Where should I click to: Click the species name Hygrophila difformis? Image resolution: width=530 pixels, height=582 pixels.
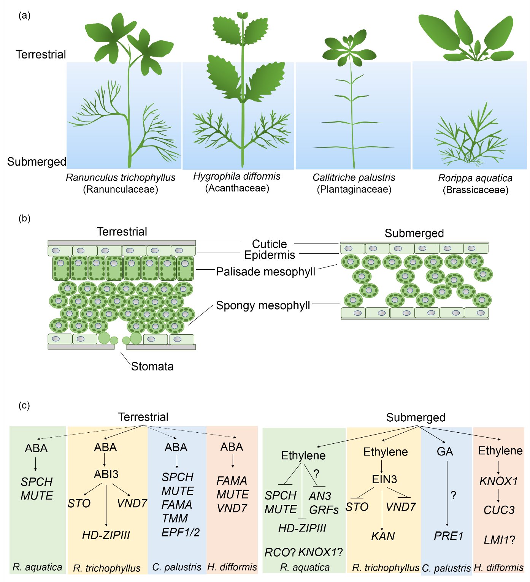[237, 177]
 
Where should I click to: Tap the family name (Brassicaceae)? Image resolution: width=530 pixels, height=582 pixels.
[475, 190]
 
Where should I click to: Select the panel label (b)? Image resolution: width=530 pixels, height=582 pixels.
[24, 218]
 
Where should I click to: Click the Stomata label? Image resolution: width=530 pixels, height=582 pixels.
[152, 366]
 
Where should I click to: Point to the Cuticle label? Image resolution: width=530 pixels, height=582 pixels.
[269, 244]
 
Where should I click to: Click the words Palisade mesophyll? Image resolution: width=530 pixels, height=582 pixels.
[266, 272]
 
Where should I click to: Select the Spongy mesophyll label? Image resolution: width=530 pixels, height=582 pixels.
[263, 305]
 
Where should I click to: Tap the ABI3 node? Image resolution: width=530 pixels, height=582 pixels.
[106, 474]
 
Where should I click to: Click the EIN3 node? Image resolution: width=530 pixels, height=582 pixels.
[384, 479]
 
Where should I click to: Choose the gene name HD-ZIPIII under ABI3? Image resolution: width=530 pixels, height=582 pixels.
[106, 535]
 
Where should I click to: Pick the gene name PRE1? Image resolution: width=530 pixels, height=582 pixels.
[448, 536]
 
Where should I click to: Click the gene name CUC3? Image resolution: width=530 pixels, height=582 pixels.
[499, 510]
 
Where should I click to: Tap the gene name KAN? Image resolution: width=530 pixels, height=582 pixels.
[383, 536]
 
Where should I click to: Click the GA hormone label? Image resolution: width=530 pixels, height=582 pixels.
[445, 451]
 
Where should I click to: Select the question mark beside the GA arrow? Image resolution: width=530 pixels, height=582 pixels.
[453, 495]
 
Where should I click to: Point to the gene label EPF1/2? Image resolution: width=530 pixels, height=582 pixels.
[180, 532]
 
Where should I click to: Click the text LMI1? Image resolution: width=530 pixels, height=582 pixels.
[499, 539]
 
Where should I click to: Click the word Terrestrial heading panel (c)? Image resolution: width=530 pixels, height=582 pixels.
[143, 417]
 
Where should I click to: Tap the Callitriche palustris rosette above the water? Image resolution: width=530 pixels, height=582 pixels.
[349, 49]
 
